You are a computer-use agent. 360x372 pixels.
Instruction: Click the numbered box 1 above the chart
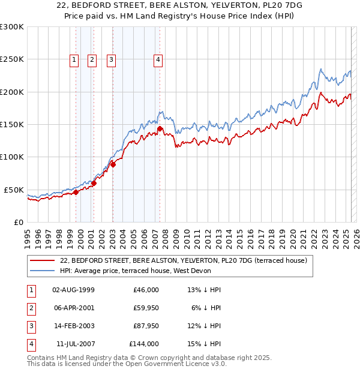(x=73, y=59)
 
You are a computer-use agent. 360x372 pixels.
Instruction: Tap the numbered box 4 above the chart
(x=157, y=59)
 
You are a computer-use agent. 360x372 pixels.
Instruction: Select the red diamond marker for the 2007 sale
(x=160, y=128)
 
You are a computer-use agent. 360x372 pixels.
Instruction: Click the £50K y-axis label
(x=14, y=190)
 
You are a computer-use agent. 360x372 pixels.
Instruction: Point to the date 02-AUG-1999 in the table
(x=74, y=290)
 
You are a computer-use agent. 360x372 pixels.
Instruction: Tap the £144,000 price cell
(x=144, y=344)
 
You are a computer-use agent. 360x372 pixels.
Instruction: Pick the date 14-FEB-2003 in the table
(x=74, y=326)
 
